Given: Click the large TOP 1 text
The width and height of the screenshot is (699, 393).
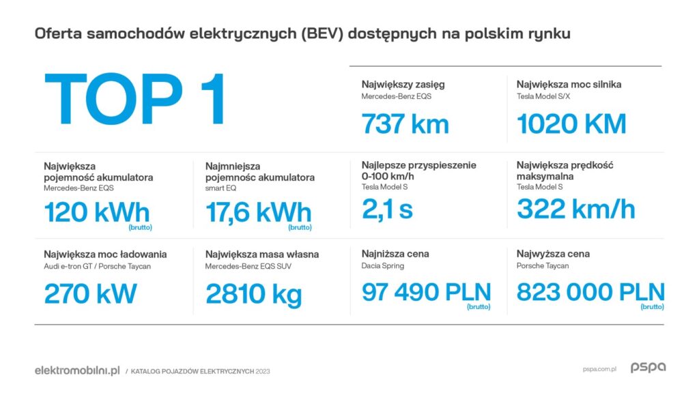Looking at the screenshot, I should point(134,101).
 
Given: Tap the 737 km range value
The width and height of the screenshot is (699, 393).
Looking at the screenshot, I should point(405,124).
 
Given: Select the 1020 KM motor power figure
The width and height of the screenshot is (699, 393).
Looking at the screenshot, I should point(571,124).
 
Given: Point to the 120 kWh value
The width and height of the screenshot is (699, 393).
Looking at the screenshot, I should point(96,212).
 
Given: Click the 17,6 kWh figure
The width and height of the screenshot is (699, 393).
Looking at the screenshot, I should point(258,212).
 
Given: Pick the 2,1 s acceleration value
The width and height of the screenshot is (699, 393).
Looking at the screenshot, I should point(387,209).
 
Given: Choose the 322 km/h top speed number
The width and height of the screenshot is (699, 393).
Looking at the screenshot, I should point(575,209).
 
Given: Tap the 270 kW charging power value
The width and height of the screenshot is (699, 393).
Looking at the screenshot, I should point(90,294).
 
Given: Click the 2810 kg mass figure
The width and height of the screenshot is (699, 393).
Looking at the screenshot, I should point(253,294).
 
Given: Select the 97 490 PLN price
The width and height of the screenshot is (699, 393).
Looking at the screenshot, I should point(426,293).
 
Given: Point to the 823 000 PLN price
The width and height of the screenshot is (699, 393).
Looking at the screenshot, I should point(590,293).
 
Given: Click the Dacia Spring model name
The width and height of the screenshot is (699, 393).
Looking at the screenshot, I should point(382,266).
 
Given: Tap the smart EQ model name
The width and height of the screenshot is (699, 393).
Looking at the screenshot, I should point(220,188).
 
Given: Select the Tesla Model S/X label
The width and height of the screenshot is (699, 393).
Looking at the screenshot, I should point(544,96).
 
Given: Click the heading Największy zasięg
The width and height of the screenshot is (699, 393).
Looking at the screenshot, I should point(403,85).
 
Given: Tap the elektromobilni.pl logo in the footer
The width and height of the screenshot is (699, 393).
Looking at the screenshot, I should point(77,370).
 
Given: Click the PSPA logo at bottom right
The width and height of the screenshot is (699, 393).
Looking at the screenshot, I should point(648,368).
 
